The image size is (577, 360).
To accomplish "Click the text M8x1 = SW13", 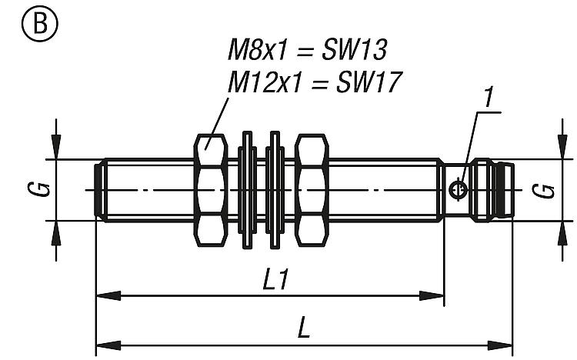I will pos(307,51).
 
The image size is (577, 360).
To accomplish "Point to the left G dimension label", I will pos(44,189).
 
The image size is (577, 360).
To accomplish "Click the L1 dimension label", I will pos(275,281).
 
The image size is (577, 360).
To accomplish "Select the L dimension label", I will pos(304,330).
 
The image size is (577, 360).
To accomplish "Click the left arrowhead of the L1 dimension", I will pos(106,295).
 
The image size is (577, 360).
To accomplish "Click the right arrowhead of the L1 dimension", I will pos(434,295).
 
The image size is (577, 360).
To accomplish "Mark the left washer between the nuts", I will pos(247,189).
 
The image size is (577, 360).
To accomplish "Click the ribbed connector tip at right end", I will pos(505,189).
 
